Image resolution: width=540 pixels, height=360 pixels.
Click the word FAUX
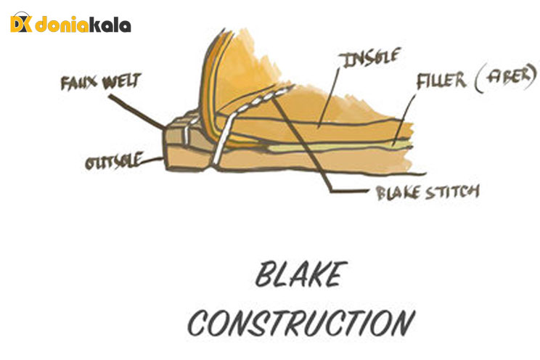(x=78, y=82)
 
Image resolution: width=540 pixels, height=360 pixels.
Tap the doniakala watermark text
(x=85, y=25)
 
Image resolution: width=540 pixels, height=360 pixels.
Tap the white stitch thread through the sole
(x=226, y=131)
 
